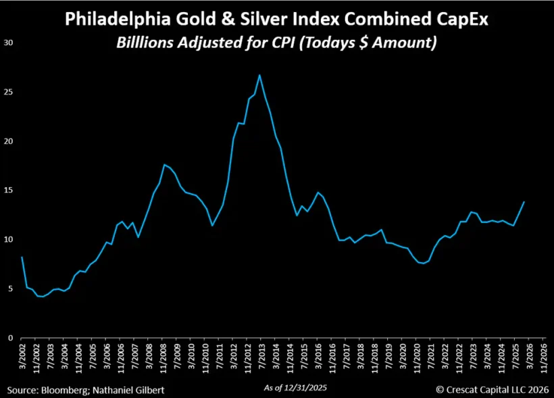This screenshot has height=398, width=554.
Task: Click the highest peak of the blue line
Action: click(x=259, y=75)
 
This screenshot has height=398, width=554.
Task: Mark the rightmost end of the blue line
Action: click(x=524, y=202)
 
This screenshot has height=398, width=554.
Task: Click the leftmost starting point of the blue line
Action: click(x=22, y=257)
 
